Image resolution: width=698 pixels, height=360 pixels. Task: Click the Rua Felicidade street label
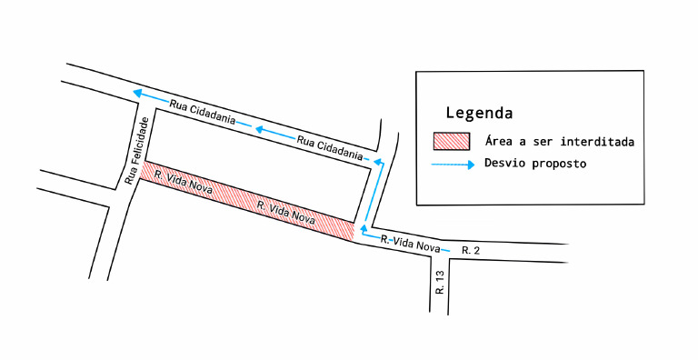tap(135, 151)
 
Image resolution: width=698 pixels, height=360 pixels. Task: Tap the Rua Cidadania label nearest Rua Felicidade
tap(202, 112)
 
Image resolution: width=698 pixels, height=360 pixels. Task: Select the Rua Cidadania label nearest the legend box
tap(330, 147)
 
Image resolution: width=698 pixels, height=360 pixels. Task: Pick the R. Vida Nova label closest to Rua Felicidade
tap(184, 182)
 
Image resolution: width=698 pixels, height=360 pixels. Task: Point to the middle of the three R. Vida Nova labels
tap(286, 213)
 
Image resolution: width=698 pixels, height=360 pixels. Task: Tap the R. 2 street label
tap(471, 250)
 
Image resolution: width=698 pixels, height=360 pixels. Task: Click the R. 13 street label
tap(440, 282)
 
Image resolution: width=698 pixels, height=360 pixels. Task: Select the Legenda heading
tap(479, 113)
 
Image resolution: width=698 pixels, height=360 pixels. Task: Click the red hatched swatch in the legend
tap(452, 141)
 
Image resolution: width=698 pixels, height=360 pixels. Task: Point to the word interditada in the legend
tap(597, 142)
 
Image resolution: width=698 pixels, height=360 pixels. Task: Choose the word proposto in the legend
tap(560, 164)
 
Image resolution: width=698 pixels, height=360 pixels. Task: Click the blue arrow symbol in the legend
tap(453, 165)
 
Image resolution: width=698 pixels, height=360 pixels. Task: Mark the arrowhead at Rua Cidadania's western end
tap(137, 93)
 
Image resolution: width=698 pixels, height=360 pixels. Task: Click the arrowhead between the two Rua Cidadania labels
tap(260, 130)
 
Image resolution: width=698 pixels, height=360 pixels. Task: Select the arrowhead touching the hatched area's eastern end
tap(364, 230)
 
